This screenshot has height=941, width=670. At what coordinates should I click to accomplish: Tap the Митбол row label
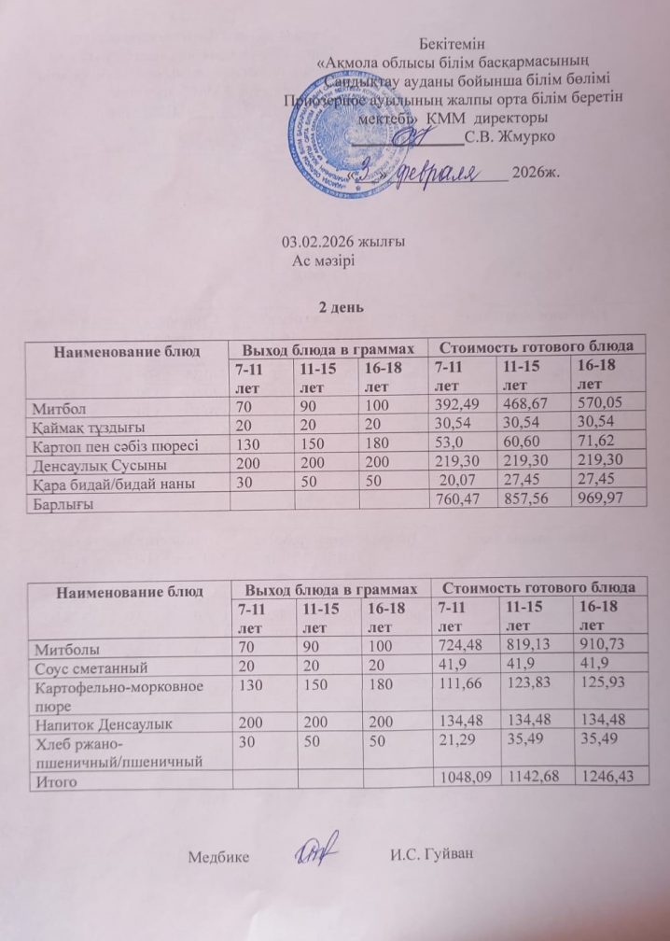[x=55, y=408]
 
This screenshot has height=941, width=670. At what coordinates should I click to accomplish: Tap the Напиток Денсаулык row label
[x=95, y=720]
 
